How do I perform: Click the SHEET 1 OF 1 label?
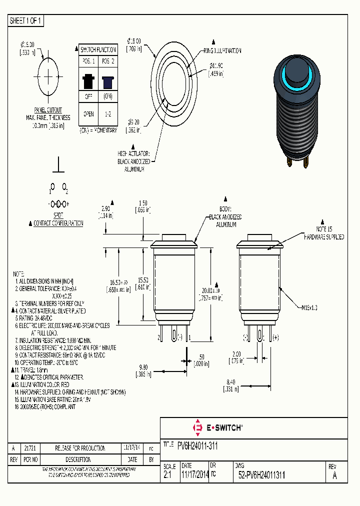point(26,20)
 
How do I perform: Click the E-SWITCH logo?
point(218,427)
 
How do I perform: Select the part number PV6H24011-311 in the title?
point(197,444)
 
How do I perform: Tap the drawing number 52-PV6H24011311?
point(262,476)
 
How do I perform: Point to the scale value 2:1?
point(167,476)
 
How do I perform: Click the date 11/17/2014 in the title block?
point(195,476)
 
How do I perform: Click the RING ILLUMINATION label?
point(222,51)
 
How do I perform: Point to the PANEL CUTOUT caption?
point(48,109)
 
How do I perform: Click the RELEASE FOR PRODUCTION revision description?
point(80,448)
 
